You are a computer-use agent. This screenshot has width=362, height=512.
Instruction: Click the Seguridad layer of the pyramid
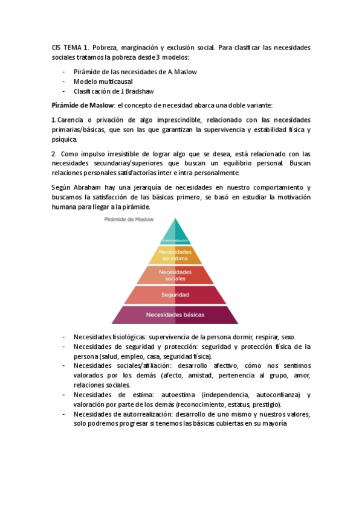[175, 295]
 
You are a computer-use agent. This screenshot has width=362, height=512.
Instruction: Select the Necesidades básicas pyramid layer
[175, 315]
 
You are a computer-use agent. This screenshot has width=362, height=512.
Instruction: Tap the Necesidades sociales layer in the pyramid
[175, 275]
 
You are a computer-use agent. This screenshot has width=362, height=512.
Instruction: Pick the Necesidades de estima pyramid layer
[175, 255]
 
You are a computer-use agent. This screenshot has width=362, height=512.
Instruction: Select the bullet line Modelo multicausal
[103, 82]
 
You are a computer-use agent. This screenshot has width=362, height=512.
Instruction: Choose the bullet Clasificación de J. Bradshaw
[114, 91]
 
